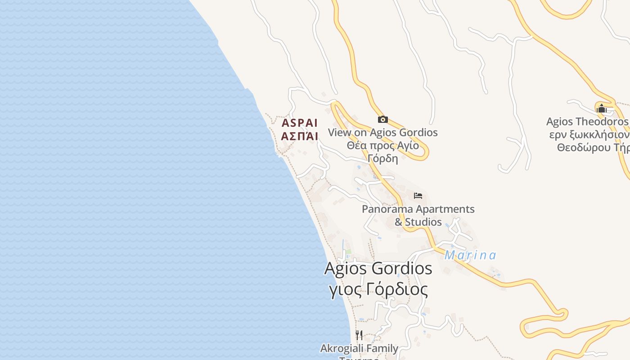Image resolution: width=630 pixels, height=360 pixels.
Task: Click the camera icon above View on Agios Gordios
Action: coord(382,119)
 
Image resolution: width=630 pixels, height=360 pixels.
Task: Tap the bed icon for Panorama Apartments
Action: coord(418,195)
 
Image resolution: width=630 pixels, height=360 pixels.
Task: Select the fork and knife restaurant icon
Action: coord(359,335)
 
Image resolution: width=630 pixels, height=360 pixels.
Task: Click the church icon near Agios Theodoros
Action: coord(601,108)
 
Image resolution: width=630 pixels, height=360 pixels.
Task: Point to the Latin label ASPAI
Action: coord(300,123)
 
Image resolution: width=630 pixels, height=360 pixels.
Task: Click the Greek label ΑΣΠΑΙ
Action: coord(300,136)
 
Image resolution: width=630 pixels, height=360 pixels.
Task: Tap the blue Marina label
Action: coord(470,256)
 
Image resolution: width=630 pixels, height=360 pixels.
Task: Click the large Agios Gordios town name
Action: coord(378,269)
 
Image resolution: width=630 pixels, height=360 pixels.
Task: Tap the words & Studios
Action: coord(418,222)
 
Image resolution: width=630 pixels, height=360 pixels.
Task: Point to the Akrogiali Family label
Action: coord(359,348)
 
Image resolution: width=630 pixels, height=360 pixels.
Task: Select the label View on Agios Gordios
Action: coord(382,132)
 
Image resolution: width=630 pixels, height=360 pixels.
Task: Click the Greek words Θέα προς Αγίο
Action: coord(382,145)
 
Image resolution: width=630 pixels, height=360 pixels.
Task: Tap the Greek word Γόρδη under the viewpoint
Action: coord(382,158)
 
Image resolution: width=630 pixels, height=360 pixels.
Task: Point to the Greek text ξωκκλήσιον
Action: coord(596,135)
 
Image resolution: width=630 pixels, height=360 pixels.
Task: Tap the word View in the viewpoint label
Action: coord(340,132)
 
